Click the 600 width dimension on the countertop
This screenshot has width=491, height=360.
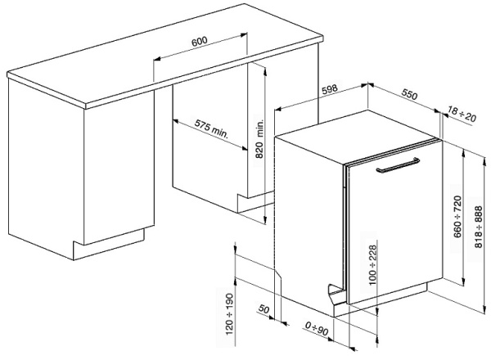tap(200, 41)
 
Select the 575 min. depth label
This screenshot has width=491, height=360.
tap(212, 128)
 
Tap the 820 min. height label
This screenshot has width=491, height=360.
tap(260, 138)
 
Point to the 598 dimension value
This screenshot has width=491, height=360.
tap(330, 89)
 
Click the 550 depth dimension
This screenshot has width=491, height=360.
tap(410, 94)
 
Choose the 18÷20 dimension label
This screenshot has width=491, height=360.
tap(462, 114)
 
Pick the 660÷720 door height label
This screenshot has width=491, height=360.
tap(457, 217)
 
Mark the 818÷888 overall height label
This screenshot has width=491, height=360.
tap(479, 227)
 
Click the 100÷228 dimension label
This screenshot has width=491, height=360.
tap(372, 265)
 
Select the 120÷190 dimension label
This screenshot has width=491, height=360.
tap(230, 314)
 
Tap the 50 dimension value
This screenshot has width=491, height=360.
tap(264, 309)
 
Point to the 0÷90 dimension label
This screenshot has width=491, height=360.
tap(317, 329)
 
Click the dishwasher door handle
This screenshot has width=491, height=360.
tap(398, 165)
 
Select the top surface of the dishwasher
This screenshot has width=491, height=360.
tap(357, 137)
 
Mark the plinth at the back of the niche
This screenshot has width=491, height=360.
tap(255, 203)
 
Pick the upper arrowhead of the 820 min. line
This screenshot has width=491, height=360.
tap(265, 71)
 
